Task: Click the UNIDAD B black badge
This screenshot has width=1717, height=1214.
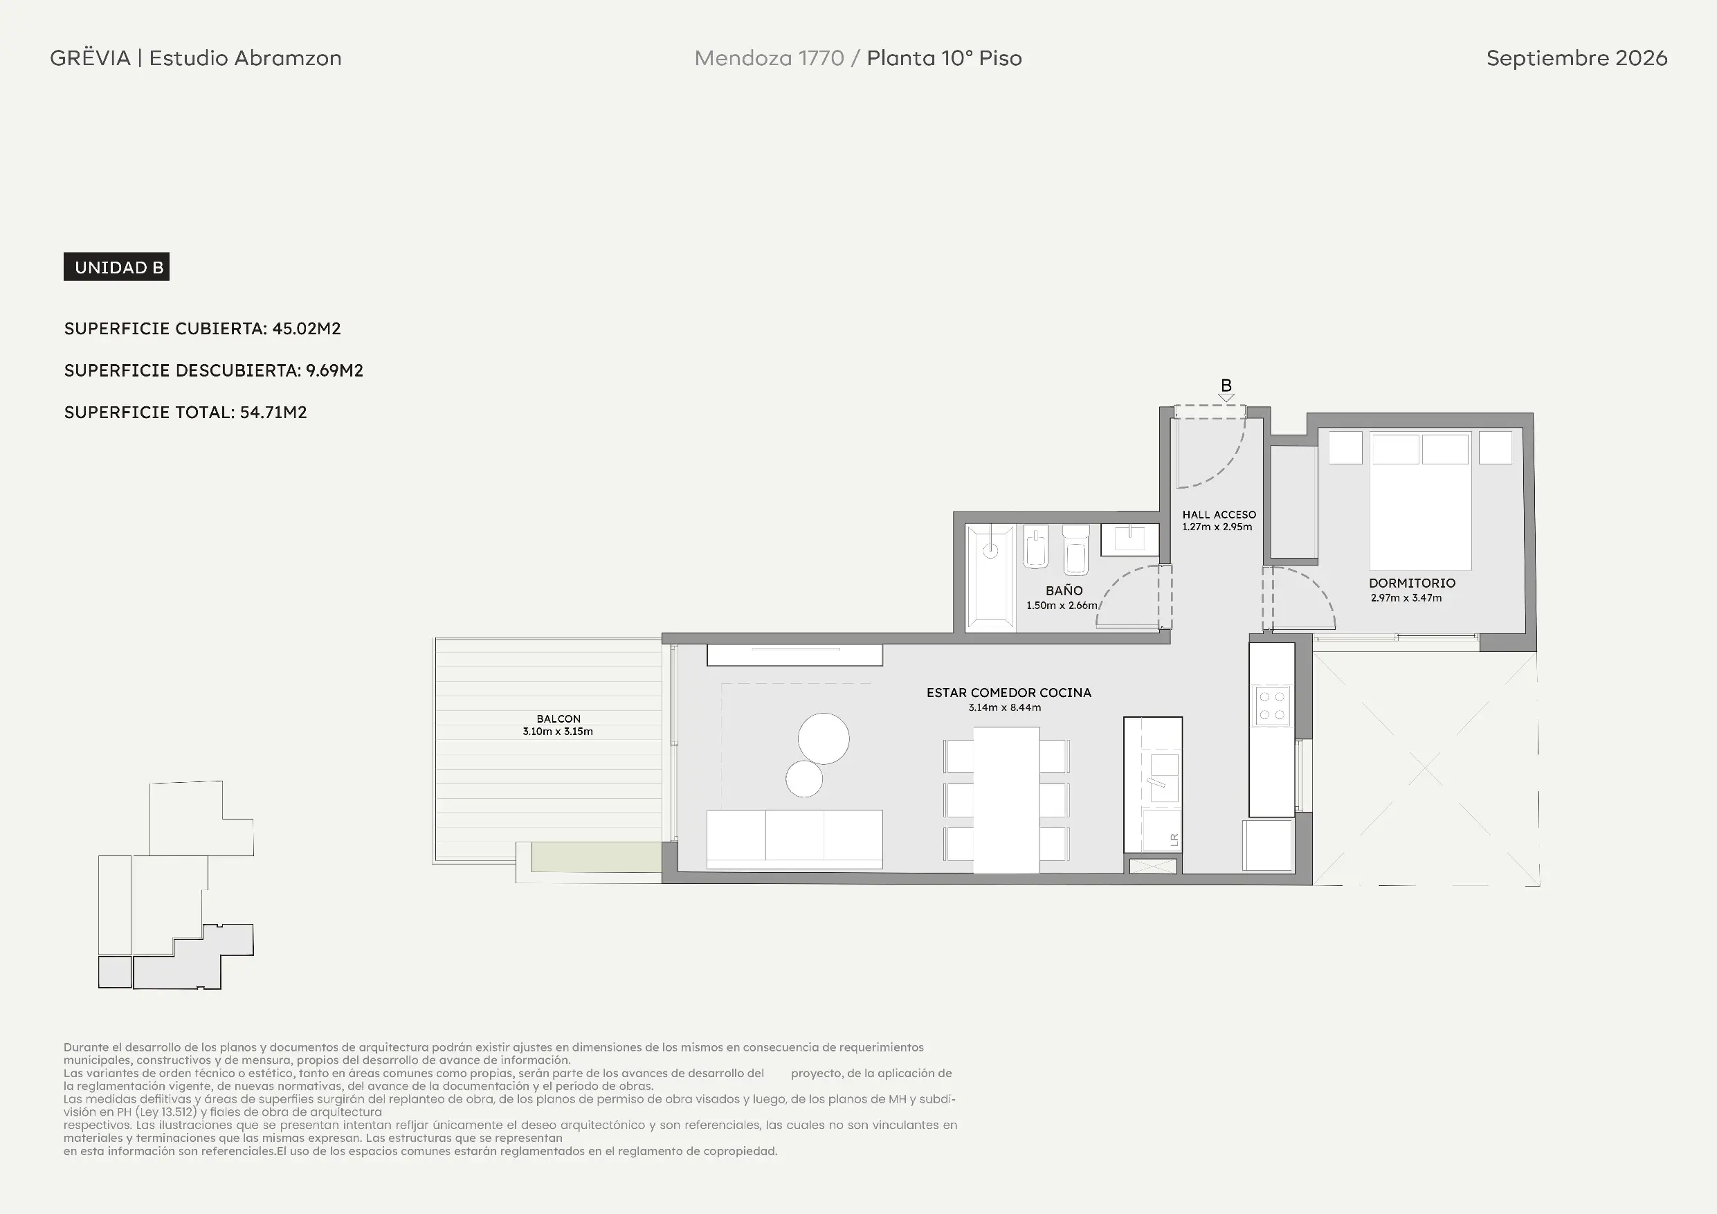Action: point(117,267)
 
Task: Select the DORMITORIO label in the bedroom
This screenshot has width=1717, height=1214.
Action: point(1412,583)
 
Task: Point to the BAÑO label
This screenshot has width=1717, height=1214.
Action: point(1064,590)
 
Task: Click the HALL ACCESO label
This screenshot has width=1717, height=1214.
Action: point(1219,515)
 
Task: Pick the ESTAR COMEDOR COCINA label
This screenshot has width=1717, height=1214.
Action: point(1009,693)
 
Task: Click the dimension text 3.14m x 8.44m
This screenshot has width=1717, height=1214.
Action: point(1004,707)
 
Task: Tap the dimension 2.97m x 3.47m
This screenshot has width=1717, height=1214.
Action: point(1406,597)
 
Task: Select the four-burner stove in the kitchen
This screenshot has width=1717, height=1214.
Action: point(1271,705)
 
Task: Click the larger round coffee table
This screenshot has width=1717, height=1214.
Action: point(824,739)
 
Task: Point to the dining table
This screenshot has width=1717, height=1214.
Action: point(1006,799)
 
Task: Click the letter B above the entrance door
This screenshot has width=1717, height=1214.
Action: point(1226,386)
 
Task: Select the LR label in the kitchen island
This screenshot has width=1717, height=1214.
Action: point(1173,840)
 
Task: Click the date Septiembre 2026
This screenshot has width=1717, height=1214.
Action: point(1577,58)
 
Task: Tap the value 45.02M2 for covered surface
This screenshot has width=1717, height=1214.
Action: point(307,328)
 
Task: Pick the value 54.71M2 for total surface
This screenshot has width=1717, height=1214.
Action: point(273,412)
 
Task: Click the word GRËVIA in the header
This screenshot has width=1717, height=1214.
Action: point(91,57)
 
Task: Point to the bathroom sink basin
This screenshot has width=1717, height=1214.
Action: point(1129,538)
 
